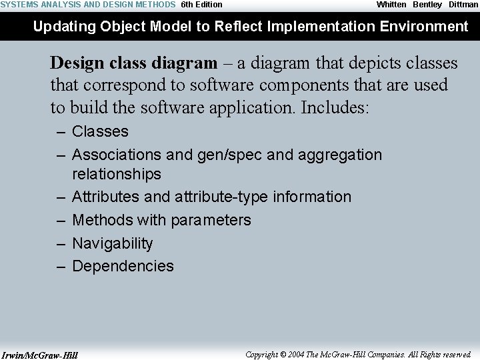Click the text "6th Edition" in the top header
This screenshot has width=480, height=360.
(201, 5)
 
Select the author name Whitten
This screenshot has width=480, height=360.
(391, 5)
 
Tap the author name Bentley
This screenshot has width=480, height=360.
(427, 5)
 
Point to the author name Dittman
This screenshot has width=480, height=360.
(463, 5)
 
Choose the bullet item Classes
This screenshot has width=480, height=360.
(100, 132)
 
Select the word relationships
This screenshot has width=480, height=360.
(116, 174)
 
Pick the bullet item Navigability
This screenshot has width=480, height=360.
(112, 243)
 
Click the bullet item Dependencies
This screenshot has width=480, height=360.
(123, 266)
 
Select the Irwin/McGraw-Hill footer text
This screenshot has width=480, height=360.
(40, 355)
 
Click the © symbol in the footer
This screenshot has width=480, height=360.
(283, 355)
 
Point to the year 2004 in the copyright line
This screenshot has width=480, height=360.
(297, 355)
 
